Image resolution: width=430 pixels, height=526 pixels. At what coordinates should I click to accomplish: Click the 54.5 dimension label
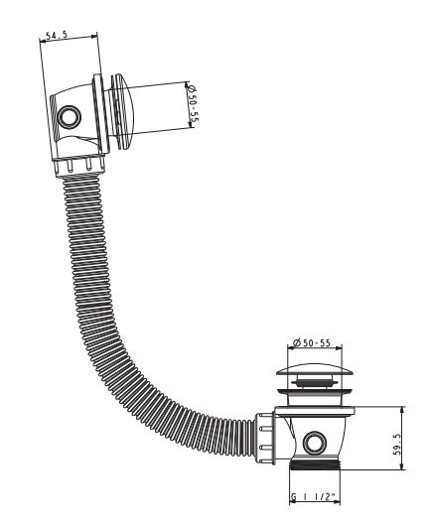(x=57, y=35)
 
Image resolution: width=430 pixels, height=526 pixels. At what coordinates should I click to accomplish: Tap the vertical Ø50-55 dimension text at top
(x=193, y=103)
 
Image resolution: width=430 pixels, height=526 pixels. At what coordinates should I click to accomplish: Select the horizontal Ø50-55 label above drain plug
(x=312, y=342)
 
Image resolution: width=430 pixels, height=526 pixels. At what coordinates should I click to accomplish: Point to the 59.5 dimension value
(x=397, y=444)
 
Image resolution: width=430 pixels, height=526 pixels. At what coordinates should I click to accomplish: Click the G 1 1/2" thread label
(x=314, y=497)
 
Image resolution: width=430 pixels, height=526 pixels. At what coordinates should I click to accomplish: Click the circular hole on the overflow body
(x=70, y=117)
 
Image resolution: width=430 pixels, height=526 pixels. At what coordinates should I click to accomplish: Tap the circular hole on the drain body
(x=315, y=443)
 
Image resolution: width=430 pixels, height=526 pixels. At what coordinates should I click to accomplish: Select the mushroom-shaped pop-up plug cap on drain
(x=315, y=369)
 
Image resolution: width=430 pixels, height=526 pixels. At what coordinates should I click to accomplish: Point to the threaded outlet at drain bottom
(x=315, y=464)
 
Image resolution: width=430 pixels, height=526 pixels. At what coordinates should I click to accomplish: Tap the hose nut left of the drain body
(x=265, y=438)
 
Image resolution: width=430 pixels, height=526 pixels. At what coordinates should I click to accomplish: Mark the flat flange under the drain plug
(x=315, y=411)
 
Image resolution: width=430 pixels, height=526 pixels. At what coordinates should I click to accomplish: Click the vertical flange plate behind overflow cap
(x=101, y=115)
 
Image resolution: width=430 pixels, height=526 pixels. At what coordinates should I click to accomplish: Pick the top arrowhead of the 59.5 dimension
(x=402, y=410)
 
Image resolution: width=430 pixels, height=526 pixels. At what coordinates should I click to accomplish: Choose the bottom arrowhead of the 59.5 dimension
(x=402, y=465)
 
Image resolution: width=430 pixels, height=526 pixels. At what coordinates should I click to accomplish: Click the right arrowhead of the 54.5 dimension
(x=93, y=36)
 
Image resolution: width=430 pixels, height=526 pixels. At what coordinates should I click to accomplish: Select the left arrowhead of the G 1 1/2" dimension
(x=293, y=502)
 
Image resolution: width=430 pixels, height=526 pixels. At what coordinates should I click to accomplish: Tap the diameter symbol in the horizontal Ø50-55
(x=296, y=342)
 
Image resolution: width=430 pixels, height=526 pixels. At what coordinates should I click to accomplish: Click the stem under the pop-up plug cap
(x=315, y=382)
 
